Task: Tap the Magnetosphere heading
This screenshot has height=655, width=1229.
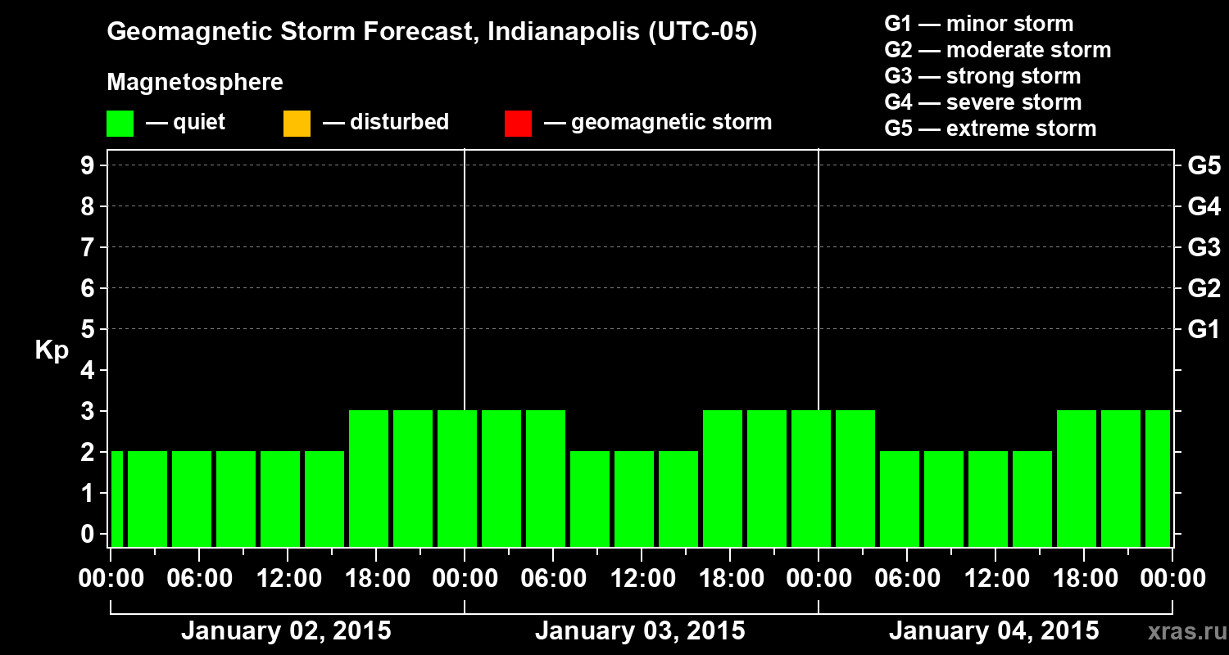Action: point(195,83)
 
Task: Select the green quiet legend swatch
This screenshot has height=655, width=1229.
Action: point(120,124)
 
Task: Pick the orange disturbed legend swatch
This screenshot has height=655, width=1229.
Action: point(297,124)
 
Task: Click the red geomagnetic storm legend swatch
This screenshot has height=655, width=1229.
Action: point(518,124)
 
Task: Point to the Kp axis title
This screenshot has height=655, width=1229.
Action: point(52,350)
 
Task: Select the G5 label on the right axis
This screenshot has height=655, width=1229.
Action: point(1204,166)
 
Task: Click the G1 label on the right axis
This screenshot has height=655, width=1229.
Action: point(1204,330)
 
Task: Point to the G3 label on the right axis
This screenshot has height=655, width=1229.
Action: point(1204,248)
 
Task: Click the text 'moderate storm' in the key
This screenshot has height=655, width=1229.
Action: point(1028,50)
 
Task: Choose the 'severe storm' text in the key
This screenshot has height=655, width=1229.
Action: point(1014,102)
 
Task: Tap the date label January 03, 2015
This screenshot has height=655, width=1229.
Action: point(640,631)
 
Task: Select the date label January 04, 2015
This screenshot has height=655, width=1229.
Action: point(994,631)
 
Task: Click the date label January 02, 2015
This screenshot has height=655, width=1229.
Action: point(286,631)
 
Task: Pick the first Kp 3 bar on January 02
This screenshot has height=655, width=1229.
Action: point(369,478)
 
